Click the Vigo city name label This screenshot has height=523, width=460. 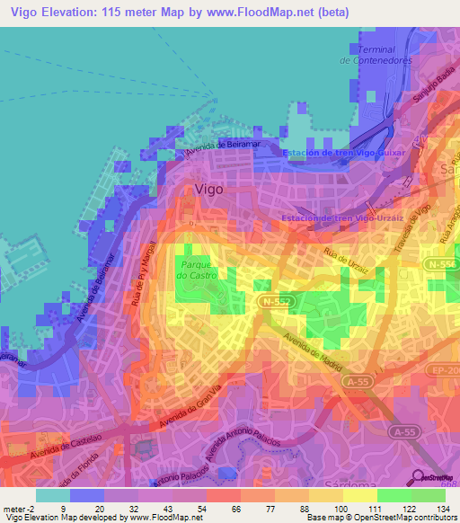pyautogui.click(x=209, y=190)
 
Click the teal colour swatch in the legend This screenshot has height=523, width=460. pyautogui.click(x=52, y=494)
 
